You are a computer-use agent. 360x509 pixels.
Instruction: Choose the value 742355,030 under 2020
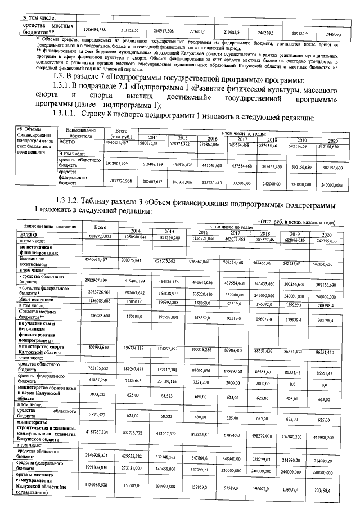pos(326,241)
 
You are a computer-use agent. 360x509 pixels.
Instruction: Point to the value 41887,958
pos(99,380)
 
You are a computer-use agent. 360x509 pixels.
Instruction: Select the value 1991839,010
pos(99,467)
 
